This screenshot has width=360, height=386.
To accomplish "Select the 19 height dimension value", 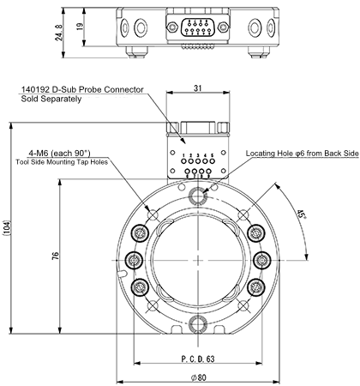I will click(79, 26).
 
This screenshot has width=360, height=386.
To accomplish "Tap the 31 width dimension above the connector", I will click(197, 89).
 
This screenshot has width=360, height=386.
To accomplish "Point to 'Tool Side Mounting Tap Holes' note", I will click(68, 161).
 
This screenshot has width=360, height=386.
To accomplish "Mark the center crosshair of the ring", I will click(199, 261).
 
